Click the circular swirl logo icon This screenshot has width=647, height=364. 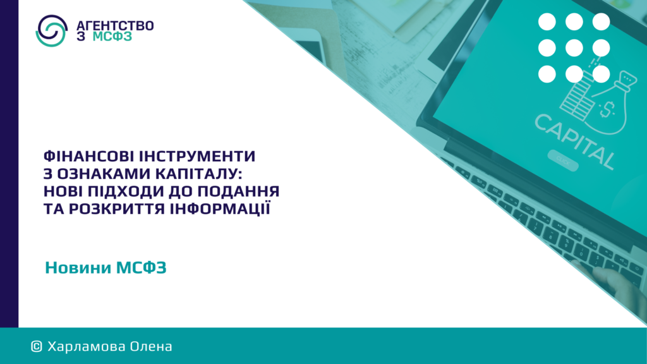pyautogui.click(x=52, y=30)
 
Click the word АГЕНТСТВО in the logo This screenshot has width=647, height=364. pyautogui.click(x=115, y=25)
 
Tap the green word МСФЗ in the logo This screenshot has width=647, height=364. pyautogui.click(x=112, y=37)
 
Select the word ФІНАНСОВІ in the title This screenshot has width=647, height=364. pyautogui.click(x=88, y=156)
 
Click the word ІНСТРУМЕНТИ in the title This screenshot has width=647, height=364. pyautogui.click(x=197, y=156)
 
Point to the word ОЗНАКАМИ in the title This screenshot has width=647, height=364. pyautogui.click(x=104, y=174)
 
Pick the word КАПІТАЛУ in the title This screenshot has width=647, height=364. pyautogui.click(x=199, y=174)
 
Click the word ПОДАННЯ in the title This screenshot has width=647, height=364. pyautogui.click(x=239, y=191)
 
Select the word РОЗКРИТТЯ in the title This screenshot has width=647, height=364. pyautogui.click(x=112, y=209)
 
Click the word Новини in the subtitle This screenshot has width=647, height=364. pyautogui.click(x=78, y=268)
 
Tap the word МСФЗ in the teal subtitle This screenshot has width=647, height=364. pyautogui.click(x=142, y=268)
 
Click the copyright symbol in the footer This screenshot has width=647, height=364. pyautogui.click(x=37, y=347)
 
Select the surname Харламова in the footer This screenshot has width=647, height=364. pyautogui.click(x=87, y=347)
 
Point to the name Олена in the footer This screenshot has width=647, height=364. pyautogui.click(x=151, y=347)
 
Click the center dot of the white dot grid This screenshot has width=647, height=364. pyautogui.click(x=574, y=48)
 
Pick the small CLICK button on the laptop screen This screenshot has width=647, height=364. pyautogui.click(x=563, y=160)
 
